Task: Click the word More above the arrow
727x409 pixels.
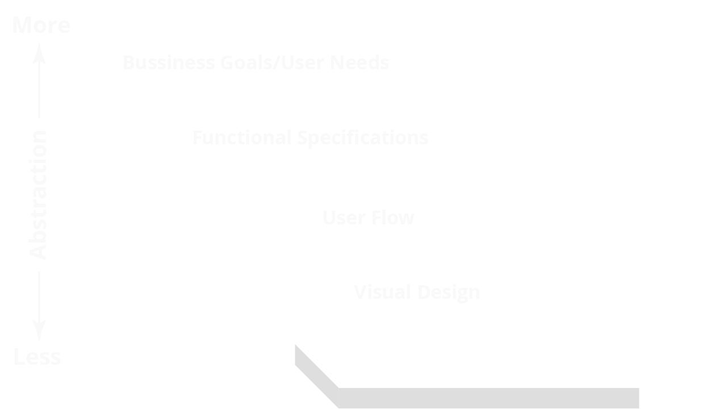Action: [41, 25]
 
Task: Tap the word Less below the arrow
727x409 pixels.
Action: [36, 357]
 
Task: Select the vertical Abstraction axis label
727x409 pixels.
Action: [38, 195]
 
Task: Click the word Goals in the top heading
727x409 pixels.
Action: [246, 62]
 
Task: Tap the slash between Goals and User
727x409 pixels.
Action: [277, 62]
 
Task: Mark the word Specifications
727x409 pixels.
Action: [363, 138]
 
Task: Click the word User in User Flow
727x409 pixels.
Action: [343, 218]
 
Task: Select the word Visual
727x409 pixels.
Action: [382, 293]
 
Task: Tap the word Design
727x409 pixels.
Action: [449, 293]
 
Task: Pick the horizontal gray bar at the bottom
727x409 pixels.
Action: [488, 398]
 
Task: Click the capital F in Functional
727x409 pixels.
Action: [197, 138]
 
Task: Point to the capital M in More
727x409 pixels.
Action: [22, 25]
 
